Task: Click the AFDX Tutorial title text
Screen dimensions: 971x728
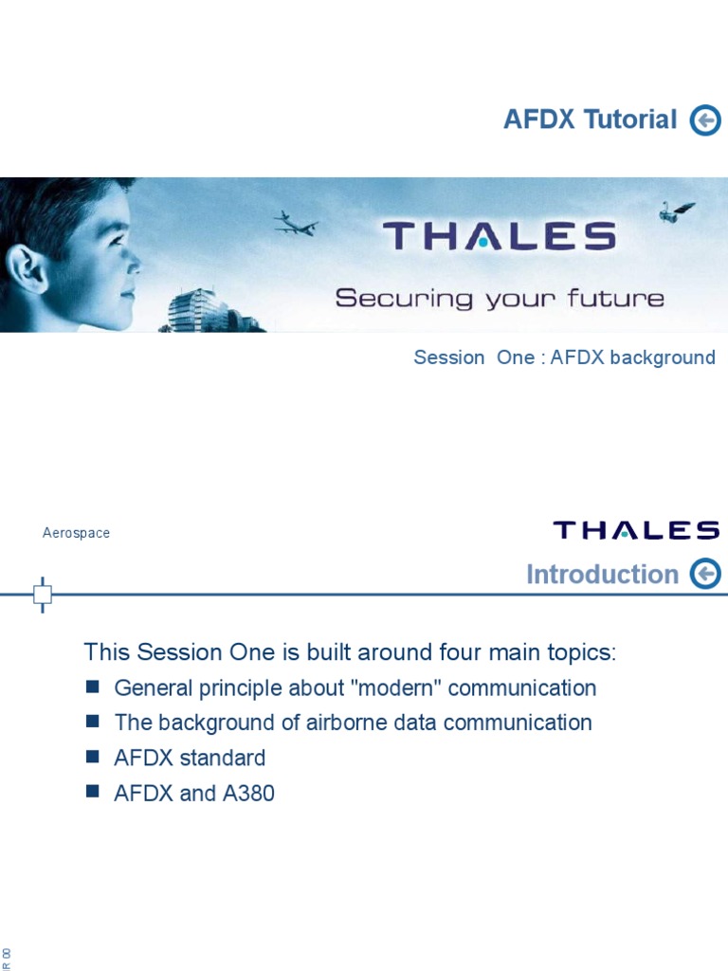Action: click(x=590, y=120)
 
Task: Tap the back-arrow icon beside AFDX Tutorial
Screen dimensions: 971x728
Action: click(x=705, y=120)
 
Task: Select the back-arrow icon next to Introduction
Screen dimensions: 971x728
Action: click(x=705, y=574)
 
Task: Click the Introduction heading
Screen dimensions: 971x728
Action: click(x=602, y=575)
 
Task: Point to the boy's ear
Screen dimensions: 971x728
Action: click(x=27, y=266)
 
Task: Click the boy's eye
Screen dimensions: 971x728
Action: click(x=117, y=240)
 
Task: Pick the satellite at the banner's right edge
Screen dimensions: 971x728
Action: click(x=676, y=211)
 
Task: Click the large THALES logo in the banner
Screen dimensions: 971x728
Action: click(x=499, y=236)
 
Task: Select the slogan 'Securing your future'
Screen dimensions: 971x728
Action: click(x=499, y=299)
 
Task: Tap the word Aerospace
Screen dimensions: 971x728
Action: click(x=76, y=533)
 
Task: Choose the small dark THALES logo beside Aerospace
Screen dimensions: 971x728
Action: click(x=636, y=530)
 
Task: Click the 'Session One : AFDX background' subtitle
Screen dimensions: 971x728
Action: click(x=564, y=357)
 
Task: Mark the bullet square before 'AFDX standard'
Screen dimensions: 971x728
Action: click(x=92, y=757)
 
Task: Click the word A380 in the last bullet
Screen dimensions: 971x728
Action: click(x=248, y=794)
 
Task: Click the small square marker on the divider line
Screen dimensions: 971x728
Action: click(x=43, y=595)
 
